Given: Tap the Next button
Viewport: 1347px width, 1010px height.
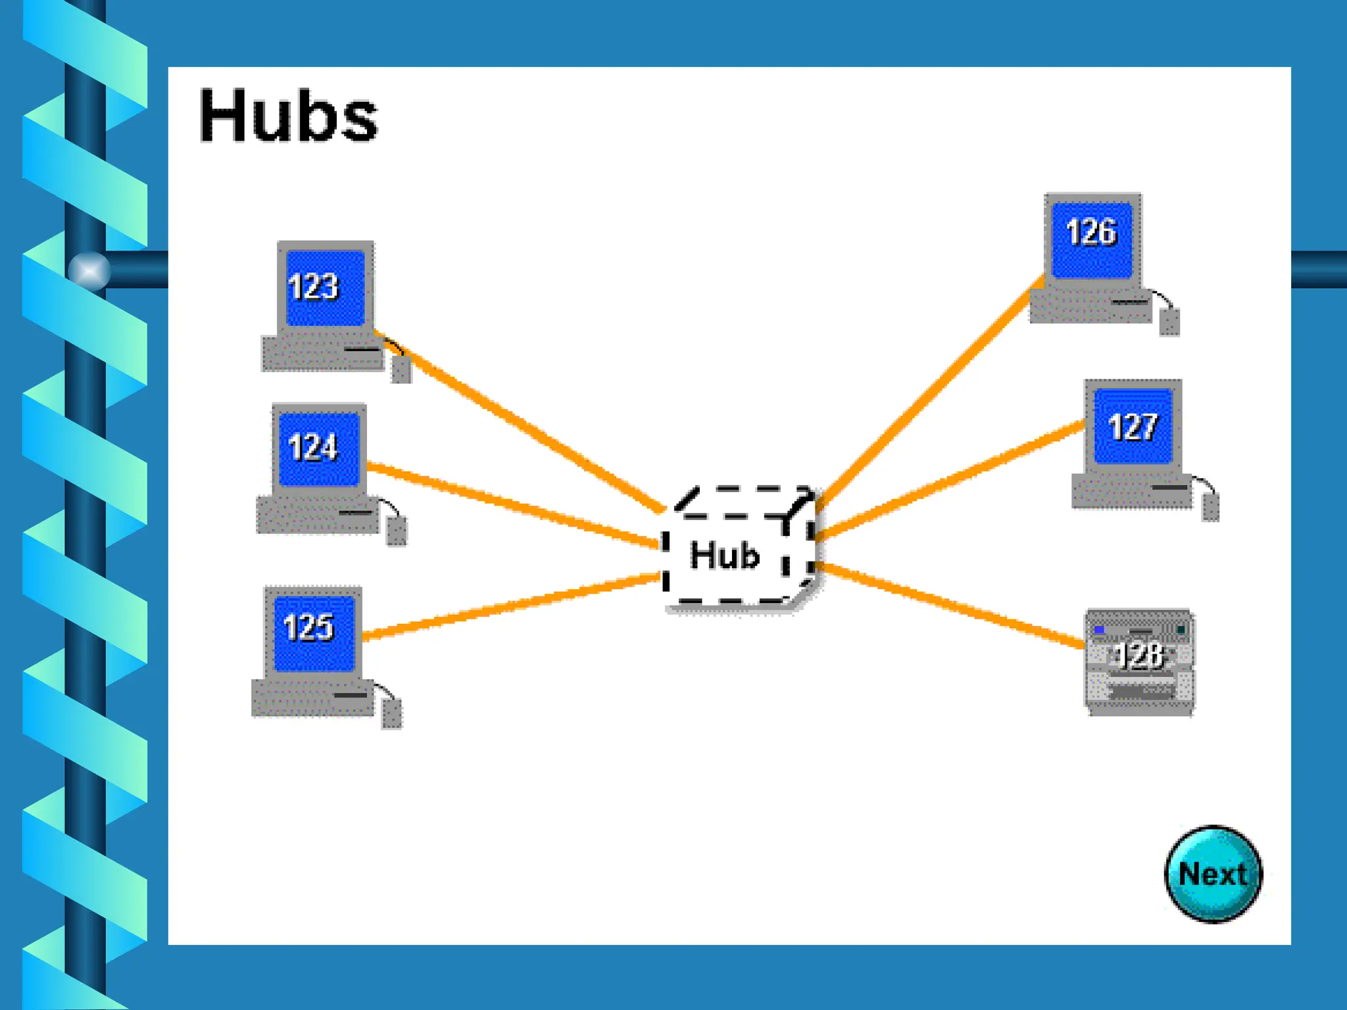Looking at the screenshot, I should tap(1213, 874).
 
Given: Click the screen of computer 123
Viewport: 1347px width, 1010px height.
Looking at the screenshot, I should tap(326, 288).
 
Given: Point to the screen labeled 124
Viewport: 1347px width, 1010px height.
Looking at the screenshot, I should tap(319, 449).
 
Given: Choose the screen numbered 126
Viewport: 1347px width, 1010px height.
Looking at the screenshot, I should tap(1092, 240).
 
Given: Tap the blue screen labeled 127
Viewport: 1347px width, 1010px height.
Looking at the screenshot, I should tap(1133, 426).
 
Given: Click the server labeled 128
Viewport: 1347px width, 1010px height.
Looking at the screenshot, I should tap(1139, 661).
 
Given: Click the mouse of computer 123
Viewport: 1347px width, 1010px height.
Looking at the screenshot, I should tap(401, 369).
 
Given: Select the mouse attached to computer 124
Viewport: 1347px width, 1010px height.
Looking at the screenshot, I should tap(396, 531).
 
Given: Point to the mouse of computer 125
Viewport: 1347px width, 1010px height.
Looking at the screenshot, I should tap(392, 714).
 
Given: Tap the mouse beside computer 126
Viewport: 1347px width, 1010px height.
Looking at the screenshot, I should tap(1169, 322).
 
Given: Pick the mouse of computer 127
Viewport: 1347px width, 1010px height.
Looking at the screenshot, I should tap(1210, 508).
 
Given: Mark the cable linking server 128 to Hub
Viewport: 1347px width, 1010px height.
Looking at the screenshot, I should tap(950, 605).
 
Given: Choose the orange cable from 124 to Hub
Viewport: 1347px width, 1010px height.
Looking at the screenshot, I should tap(513, 505).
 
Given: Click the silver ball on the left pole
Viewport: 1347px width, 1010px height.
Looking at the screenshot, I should tap(89, 270).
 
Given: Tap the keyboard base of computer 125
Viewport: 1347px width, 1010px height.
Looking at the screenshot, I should tap(312, 698).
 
